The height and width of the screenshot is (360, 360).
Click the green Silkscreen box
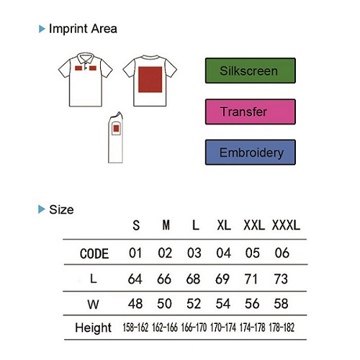251,71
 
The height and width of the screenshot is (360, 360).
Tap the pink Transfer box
251,112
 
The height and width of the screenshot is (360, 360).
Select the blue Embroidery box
251,152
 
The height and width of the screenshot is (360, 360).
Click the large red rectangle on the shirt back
150,79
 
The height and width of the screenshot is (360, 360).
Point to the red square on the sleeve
116,129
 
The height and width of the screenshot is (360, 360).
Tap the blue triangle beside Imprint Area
42,29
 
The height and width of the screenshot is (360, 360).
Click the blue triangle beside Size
42,210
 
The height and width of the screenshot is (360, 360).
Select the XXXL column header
286,225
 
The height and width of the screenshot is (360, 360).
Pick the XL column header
224,225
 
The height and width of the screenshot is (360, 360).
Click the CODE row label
94,253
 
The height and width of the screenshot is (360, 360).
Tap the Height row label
93,328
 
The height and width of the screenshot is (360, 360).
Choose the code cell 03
194,253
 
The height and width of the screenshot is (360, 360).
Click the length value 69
222,279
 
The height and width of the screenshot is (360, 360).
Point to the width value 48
135,304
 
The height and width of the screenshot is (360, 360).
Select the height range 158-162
135,328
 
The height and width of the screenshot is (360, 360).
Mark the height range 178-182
282,328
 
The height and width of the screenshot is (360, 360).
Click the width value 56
252,304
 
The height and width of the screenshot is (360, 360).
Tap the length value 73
281,279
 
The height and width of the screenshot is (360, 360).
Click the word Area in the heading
104,29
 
